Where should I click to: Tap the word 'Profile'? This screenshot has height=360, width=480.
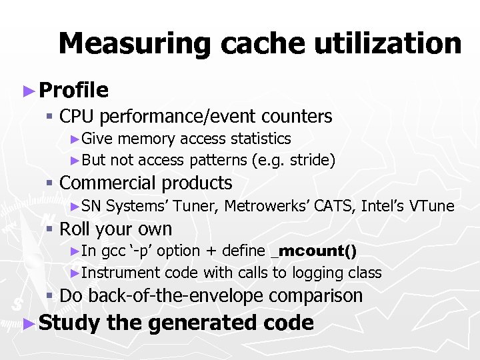pyautogui.click(x=73, y=90)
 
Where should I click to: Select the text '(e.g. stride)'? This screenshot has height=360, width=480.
pyautogui.click(x=293, y=160)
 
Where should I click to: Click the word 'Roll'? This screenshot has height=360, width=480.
pyautogui.click(x=75, y=229)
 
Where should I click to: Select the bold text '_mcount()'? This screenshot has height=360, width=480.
pyautogui.click(x=314, y=251)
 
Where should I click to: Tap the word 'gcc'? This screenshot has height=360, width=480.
pyautogui.click(x=113, y=251)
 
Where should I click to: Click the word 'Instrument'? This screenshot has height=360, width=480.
pyautogui.click(x=121, y=273)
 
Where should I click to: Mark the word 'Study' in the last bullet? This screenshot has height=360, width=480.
pyautogui.click(x=69, y=323)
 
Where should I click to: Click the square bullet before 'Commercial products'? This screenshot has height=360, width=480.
pyautogui.click(x=49, y=183)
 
